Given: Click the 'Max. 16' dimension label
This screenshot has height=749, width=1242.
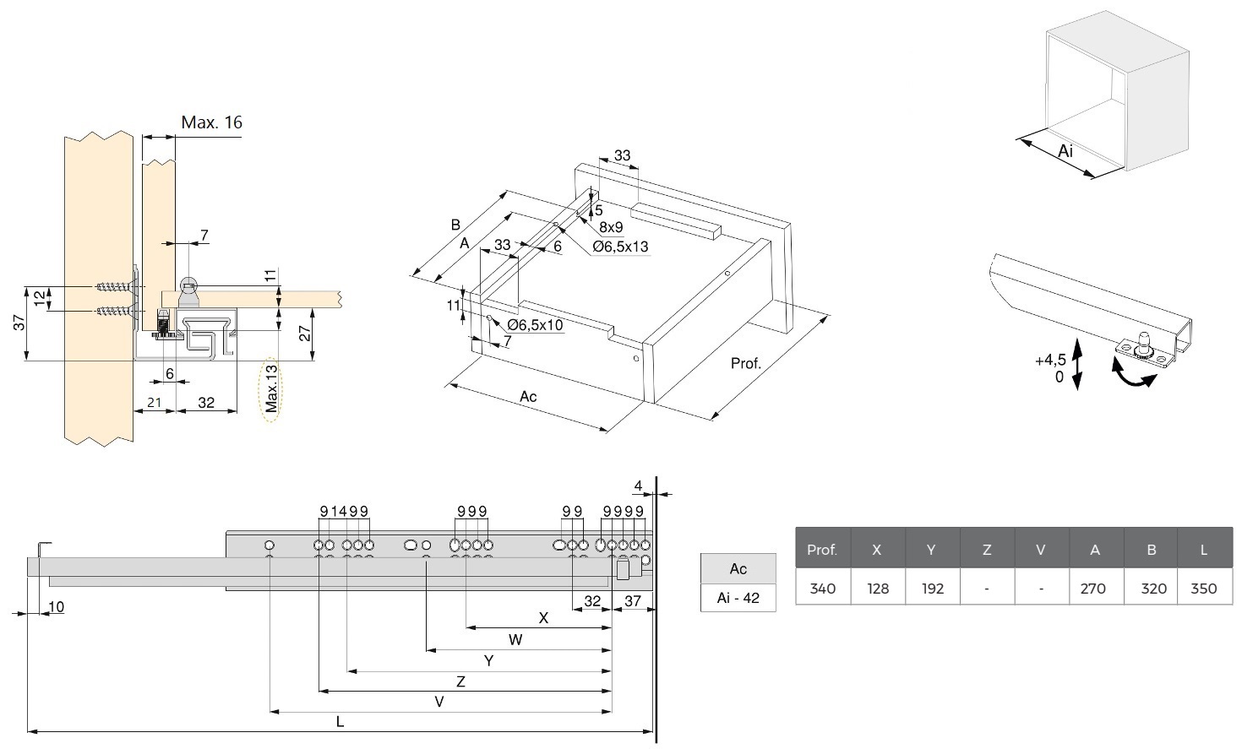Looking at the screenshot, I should point(211,123).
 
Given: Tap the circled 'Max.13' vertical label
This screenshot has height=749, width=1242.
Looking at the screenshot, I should point(270,388).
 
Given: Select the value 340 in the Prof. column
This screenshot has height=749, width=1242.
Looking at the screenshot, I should point(822,588).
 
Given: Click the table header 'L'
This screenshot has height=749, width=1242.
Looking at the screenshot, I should point(1203,549).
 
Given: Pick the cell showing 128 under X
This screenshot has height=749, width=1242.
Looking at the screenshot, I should point(877,588).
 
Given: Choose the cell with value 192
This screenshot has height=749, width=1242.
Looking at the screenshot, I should point(932,588).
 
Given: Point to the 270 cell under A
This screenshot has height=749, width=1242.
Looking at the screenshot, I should point(1093,588).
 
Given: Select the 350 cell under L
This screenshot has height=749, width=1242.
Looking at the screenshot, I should point(1203,588).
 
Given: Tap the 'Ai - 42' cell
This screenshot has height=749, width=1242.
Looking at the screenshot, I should point(738,598).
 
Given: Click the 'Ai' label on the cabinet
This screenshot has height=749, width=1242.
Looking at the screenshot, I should point(1065,151).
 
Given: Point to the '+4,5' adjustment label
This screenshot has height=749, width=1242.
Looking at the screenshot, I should point(1050,361).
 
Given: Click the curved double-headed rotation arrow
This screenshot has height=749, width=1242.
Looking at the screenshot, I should point(1132,376).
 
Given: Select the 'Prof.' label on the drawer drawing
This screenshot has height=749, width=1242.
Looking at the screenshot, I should point(746,363).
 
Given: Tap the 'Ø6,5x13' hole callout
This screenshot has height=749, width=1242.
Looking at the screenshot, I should point(620,247).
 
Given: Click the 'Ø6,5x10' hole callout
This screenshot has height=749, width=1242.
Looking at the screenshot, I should point(535,325).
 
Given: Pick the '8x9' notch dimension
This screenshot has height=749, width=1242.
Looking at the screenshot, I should point(611,227).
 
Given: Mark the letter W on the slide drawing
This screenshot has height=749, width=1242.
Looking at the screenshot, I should point(515,639).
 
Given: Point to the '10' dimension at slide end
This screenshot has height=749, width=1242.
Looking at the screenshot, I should point(56,606).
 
